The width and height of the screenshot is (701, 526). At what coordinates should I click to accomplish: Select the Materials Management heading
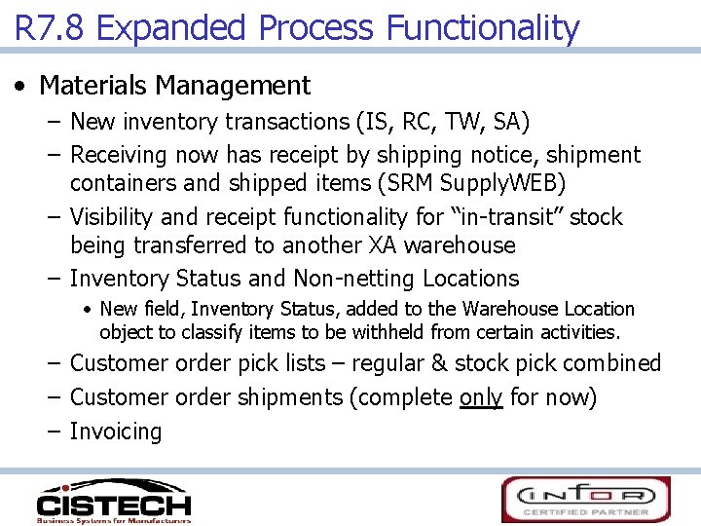click(x=174, y=86)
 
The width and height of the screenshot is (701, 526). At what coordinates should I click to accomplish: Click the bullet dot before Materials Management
click(x=20, y=86)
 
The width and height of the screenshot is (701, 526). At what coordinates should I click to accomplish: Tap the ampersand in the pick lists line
click(x=439, y=363)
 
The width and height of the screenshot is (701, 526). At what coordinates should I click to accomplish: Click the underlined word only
click(x=480, y=397)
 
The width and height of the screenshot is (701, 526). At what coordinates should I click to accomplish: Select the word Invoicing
click(x=116, y=432)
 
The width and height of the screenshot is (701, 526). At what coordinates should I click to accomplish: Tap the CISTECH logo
click(x=113, y=501)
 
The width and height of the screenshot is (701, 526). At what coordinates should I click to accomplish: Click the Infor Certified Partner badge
click(x=586, y=500)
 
